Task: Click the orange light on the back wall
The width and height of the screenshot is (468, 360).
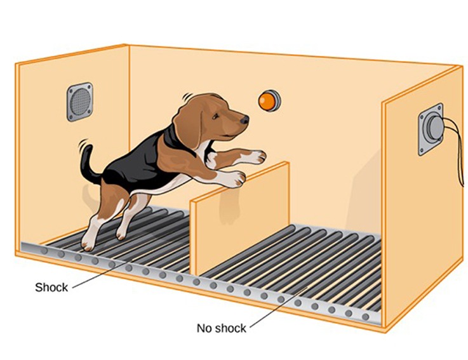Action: (269, 100)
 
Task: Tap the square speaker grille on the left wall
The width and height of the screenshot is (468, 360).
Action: (79, 102)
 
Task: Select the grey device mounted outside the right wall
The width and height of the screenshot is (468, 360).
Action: (432, 129)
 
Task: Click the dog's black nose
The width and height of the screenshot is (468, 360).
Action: (244, 120)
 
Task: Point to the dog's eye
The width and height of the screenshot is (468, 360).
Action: (216, 116)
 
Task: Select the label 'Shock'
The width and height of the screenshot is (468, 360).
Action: (51, 287)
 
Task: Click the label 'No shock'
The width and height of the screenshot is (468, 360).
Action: (221, 328)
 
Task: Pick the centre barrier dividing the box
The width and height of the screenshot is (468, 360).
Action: (240, 220)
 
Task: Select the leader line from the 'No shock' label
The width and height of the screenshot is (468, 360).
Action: (279, 307)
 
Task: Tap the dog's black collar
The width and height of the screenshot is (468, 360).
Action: (173, 138)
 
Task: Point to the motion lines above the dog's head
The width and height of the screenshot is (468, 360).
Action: (189, 97)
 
